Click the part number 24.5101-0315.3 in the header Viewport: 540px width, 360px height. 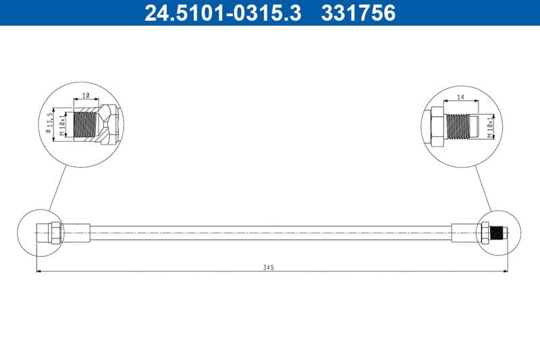click(x=223, y=13)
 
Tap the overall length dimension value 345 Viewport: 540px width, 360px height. click(x=269, y=267)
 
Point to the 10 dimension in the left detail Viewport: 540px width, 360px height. click(x=85, y=97)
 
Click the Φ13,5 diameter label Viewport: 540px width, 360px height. click(x=50, y=122)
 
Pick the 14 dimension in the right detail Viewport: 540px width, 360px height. click(x=460, y=98)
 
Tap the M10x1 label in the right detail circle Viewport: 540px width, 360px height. click(x=490, y=126)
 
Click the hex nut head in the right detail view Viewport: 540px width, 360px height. click(x=436, y=126)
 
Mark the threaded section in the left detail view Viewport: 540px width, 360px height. click(x=86, y=123)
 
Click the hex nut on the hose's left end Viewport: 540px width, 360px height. click(x=57, y=232)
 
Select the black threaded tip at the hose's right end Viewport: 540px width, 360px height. click(x=500, y=232)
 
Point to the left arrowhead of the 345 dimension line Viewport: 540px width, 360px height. click(x=38, y=272)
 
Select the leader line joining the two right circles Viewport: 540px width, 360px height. click(x=483, y=187)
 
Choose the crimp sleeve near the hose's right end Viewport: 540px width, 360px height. click(x=464, y=232)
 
